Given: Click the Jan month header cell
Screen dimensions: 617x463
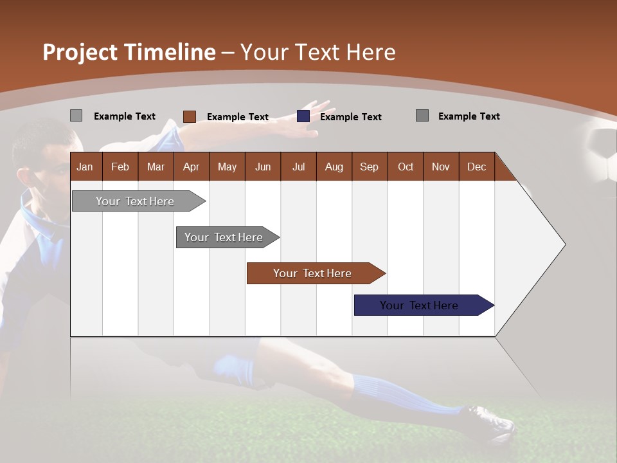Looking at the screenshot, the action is (x=85, y=167).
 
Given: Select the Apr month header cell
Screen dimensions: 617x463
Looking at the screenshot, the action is (x=191, y=167).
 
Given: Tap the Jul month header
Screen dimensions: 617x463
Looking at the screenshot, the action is (x=298, y=167).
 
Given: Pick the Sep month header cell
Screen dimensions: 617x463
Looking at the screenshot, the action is (x=369, y=167).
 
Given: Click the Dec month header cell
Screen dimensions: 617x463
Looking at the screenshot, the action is (x=476, y=167).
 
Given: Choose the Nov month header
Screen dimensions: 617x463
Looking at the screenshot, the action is (x=440, y=167).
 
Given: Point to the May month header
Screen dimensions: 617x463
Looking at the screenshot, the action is (x=227, y=167).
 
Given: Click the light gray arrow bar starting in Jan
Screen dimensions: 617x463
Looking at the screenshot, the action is (x=135, y=201).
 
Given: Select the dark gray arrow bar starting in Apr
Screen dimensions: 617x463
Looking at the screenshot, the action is (x=224, y=237).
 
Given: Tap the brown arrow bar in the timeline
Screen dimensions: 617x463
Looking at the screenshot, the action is (x=312, y=273).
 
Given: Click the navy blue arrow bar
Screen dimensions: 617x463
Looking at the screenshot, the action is (x=419, y=305).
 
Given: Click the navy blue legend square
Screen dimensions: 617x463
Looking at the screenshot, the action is (x=303, y=116).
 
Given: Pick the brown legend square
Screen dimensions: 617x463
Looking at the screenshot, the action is (x=190, y=116).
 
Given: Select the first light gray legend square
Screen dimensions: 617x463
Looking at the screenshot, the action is (x=76, y=116).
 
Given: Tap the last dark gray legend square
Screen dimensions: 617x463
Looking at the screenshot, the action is (x=422, y=116).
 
